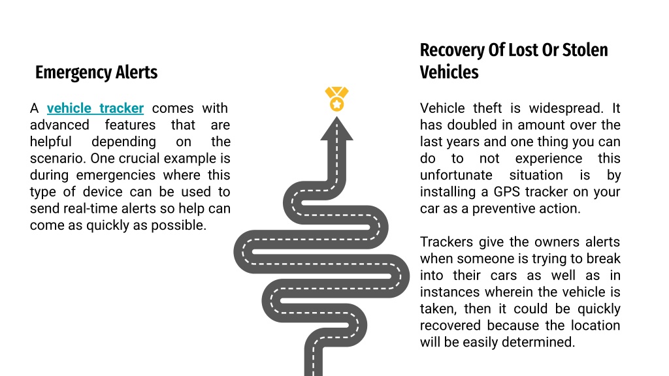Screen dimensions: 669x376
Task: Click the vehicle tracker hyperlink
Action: tap(95, 108)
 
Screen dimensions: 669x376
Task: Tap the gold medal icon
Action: tap(336, 99)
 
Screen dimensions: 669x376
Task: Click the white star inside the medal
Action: tap(336, 104)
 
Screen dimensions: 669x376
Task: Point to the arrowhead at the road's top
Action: tap(336, 129)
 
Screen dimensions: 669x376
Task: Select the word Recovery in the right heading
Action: tap(452, 50)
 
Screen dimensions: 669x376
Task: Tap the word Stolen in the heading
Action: tap(585, 50)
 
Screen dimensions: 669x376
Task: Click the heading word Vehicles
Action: tap(449, 72)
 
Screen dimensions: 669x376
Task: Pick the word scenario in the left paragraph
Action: tap(58, 158)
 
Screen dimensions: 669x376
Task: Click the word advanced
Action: tap(59, 125)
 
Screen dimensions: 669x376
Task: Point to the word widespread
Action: tap(566, 108)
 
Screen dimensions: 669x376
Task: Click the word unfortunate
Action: tap(456, 175)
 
